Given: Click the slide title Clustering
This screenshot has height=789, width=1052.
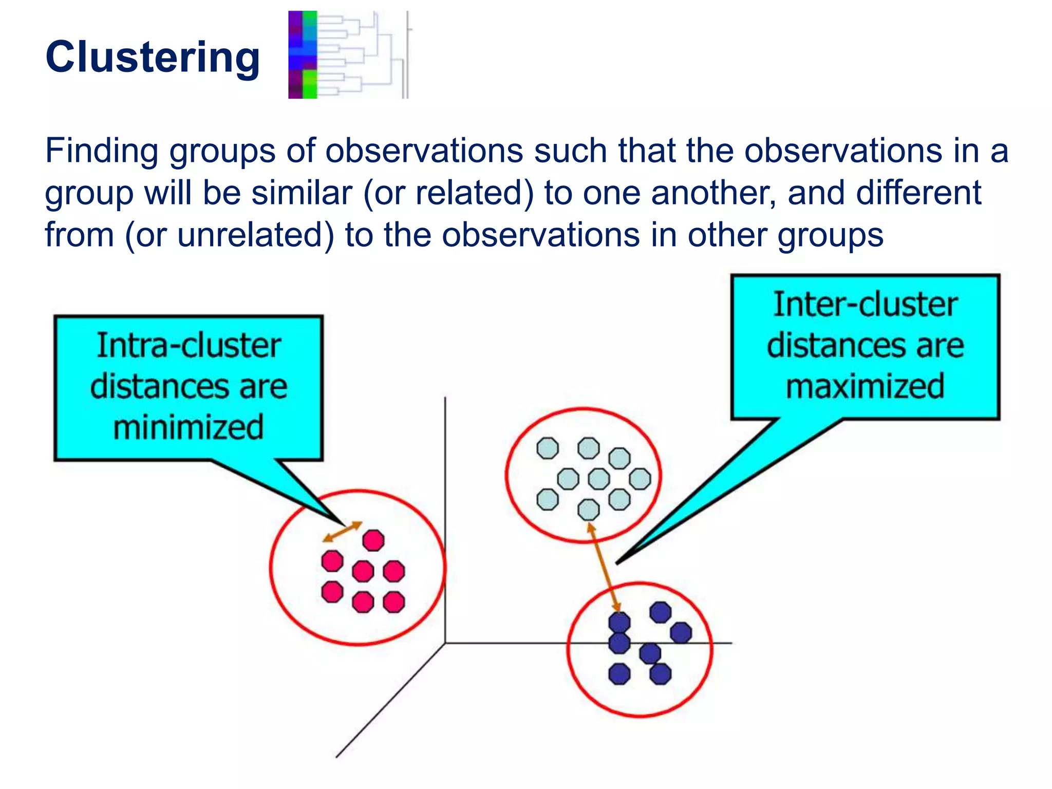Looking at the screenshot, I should tap(153, 57).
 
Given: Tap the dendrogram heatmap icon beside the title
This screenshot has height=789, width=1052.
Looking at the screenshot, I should tap(348, 54).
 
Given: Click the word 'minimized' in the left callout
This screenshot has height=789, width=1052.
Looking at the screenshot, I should tap(188, 427).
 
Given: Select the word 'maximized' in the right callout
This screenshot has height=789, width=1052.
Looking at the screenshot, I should tap(865, 386).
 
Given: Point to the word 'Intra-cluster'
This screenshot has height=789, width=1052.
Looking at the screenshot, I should tap(189, 345).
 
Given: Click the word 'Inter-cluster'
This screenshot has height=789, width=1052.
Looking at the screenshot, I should tap(865, 305).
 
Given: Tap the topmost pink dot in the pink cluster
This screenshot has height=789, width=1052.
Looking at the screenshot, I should tap(373, 540).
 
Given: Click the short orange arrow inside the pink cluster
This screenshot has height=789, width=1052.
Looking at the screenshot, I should tap(343, 532).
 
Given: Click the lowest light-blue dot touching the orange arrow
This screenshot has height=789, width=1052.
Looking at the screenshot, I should tap(588, 510).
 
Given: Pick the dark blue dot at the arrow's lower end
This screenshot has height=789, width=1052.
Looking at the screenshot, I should tap(619, 623).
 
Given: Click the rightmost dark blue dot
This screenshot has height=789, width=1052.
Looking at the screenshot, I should tap(681, 632).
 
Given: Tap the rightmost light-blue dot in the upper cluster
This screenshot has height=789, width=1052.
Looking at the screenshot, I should tap(640, 479).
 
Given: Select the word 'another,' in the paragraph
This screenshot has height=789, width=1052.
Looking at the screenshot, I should tap(713, 193).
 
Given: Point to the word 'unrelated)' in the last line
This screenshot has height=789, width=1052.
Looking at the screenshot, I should tap(255, 235).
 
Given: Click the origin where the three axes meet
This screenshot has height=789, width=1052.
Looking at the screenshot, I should tap(445, 643).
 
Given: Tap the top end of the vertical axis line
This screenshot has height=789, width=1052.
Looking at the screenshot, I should tap(445, 399).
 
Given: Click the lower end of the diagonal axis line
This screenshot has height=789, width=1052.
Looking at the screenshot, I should tap(337, 756).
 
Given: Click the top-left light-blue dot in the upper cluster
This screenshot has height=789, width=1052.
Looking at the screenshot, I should tap(548, 448).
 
